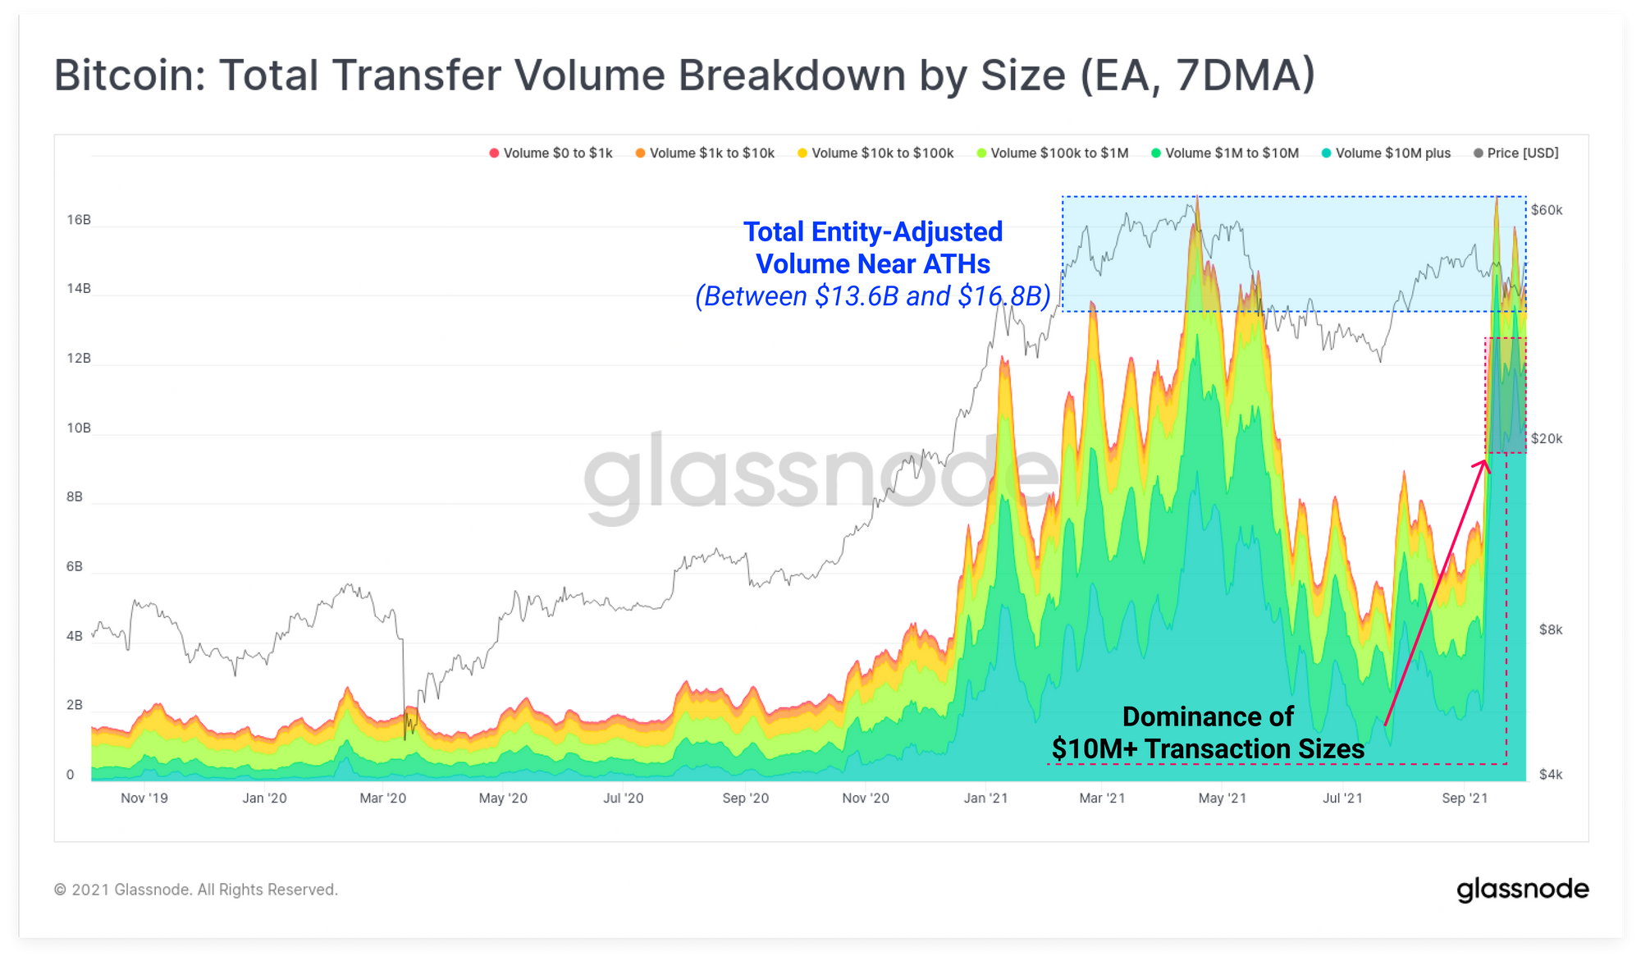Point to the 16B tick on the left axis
79,220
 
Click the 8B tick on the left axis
75,497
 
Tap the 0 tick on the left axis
71,775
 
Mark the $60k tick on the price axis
1547,210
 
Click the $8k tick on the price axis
1551,630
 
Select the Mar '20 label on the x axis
382,799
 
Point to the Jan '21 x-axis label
985,799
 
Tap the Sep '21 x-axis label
1465,799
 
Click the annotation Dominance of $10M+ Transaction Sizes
1208,733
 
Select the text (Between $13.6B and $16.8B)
872,296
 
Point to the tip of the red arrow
1486,461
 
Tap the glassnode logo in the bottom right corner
1522,890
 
